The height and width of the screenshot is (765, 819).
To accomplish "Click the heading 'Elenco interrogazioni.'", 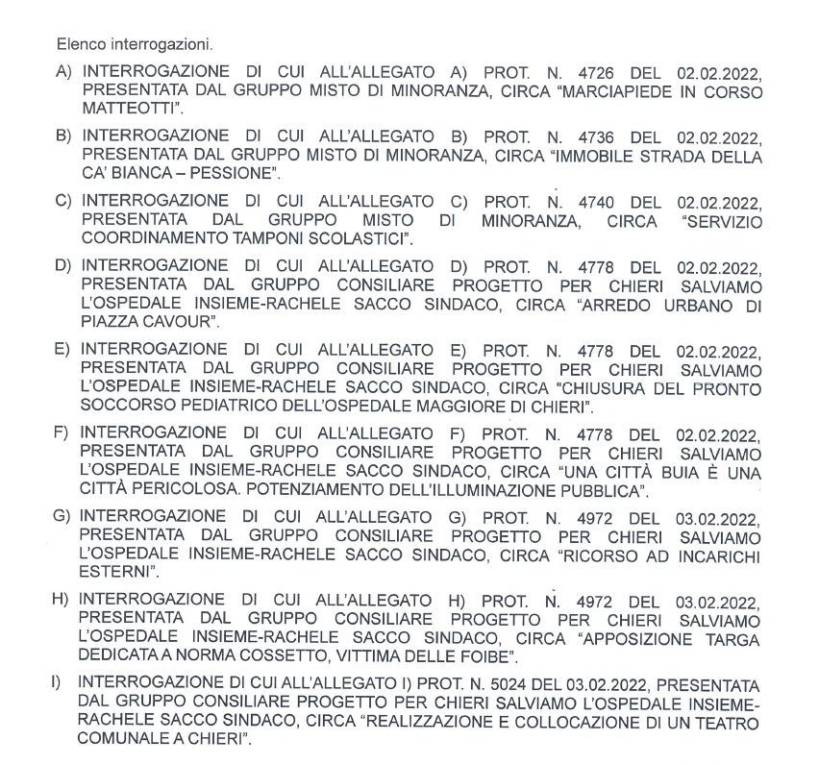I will coord(135,44).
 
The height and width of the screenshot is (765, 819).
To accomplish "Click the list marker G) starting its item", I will coord(64,514).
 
